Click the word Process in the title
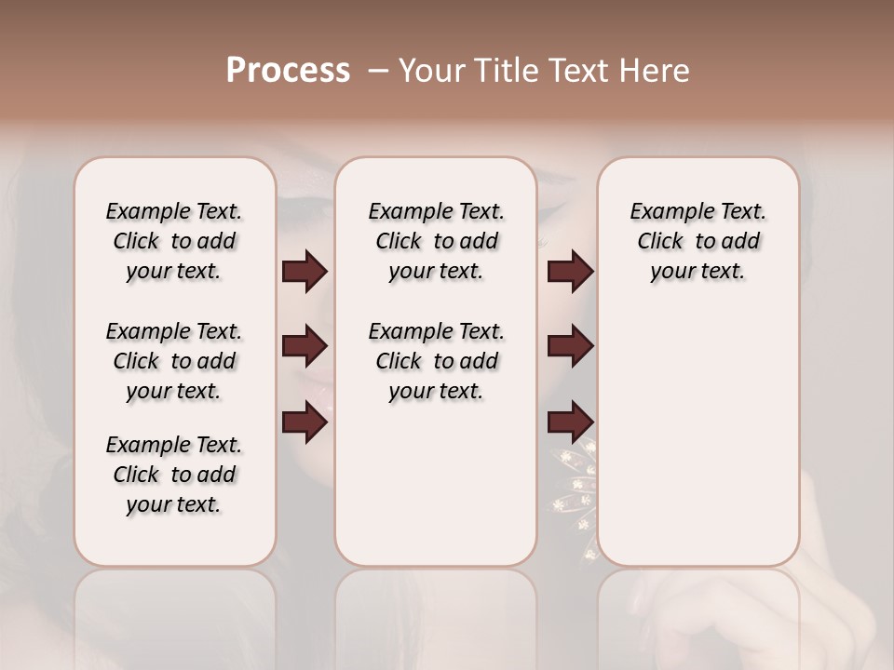(x=288, y=71)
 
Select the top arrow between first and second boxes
(x=305, y=271)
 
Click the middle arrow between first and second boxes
(x=305, y=346)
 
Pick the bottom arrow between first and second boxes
(x=305, y=422)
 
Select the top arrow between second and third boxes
(x=570, y=271)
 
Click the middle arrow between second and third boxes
(x=570, y=346)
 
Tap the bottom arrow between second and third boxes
(x=570, y=422)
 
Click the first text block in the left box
(x=174, y=241)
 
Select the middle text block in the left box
(x=174, y=361)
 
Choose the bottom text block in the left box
(x=174, y=475)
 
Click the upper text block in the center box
(x=436, y=241)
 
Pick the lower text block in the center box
(x=436, y=361)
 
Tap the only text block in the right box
(x=698, y=241)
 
